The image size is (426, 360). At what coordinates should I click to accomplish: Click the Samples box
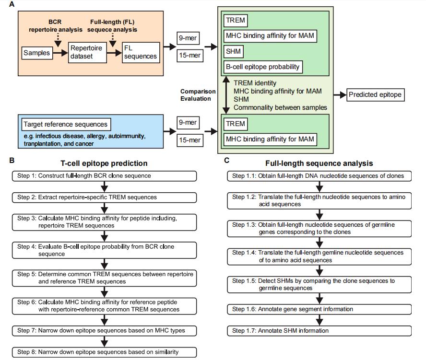tap(37, 53)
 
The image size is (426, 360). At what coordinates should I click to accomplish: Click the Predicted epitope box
tap(375, 95)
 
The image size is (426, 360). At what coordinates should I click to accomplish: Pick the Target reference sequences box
tap(66, 125)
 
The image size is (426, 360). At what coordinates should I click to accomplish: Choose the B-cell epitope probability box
tap(263, 67)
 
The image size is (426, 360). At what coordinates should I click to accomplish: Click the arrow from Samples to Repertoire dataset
tap(60, 53)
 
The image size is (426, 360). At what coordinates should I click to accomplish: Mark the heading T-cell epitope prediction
tap(104, 163)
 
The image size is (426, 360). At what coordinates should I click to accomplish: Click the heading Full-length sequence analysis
tap(319, 163)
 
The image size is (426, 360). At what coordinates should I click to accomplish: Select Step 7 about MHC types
tap(104, 331)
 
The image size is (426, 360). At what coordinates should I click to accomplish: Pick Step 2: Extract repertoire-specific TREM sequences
tap(104, 197)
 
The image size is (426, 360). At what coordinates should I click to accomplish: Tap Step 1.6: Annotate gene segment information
tap(319, 309)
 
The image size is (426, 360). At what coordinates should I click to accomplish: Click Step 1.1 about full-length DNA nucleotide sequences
tap(319, 176)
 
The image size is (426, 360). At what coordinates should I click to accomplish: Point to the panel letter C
tap(226, 161)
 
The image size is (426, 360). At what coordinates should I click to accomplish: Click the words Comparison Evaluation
tap(198, 95)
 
